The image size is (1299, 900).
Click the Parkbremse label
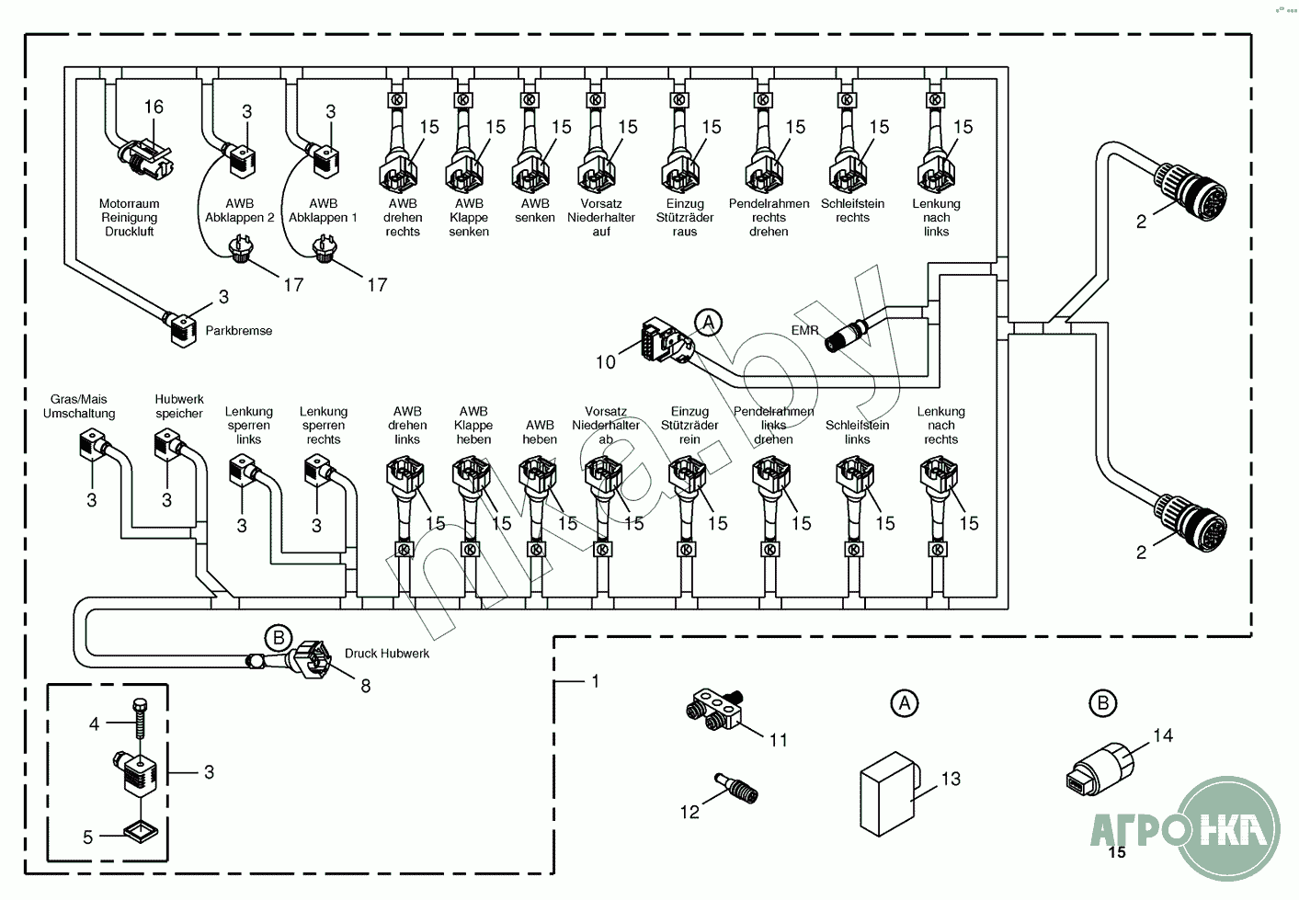pyautogui.click(x=238, y=331)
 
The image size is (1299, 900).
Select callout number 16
pyautogui.click(x=154, y=108)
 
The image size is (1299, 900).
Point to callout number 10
pyautogui.click(x=605, y=362)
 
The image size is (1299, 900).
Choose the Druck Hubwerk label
pyautogui.click(x=387, y=654)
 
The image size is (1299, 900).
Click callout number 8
pyautogui.click(x=366, y=686)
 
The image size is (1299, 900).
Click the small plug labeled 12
pyautogui.click(x=737, y=789)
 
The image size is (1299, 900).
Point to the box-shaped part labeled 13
pyautogui.click(x=887, y=792)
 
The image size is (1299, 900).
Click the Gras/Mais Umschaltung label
pyautogui.click(x=79, y=406)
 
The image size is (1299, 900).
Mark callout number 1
pyautogui.click(x=596, y=681)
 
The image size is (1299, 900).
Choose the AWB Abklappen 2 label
pyautogui.click(x=240, y=211)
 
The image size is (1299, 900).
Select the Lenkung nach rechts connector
pyautogui.click(x=938, y=476)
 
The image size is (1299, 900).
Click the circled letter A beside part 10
pyautogui.click(x=708, y=323)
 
